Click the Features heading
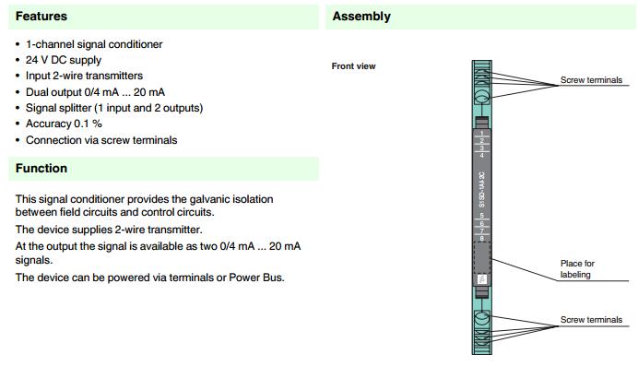(x=41, y=17)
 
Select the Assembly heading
(x=361, y=17)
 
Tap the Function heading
(x=41, y=169)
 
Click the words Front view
(x=354, y=66)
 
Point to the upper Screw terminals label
(x=591, y=80)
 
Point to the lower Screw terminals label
(x=591, y=320)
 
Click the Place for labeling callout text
(x=578, y=269)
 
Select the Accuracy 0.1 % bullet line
(x=64, y=124)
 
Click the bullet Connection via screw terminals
(x=101, y=140)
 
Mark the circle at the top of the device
(x=482, y=96)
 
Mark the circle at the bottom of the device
(x=482, y=320)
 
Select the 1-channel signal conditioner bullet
(x=94, y=44)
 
